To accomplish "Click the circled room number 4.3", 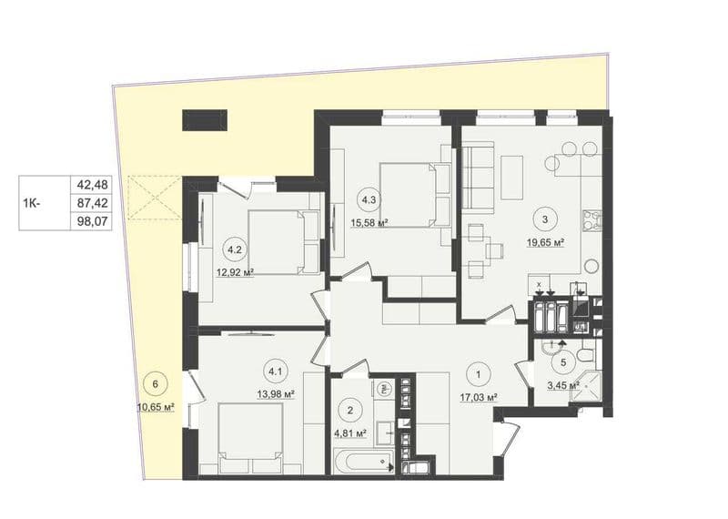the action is pyautogui.click(x=369, y=200).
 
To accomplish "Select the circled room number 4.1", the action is pyautogui.click(x=276, y=371).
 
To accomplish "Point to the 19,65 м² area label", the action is pyautogui.click(x=545, y=242).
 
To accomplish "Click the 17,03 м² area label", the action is pyautogui.click(x=480, y=397).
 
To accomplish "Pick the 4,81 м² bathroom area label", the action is pyautogui.click(x=350, y=434).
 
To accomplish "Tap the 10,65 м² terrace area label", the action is pyautogui.click(x=156, y=408).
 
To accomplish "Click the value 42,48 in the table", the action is pyautogui.click(x=93, y=185).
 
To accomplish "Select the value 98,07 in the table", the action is pyautogui.click(x=93, y=221).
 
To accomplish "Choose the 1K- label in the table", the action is pyautogui.click(x=32, y=203).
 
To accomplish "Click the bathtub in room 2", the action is pyautogui.click(x=363, y=462).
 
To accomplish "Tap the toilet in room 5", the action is pyautogui.click(x=583, y=357).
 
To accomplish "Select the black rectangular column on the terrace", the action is pyautogui.click(x=205, y=120).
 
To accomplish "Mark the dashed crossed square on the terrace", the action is pyautogui.click(x=155, y=197).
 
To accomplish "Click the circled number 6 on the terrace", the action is pyautogui.click(x=156, y=384).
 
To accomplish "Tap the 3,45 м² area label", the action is pyautogui.click(x=563, y=385).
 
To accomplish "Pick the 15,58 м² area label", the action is pyautogui.click(x=369, y=223).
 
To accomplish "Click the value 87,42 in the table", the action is pyautogui.click(x=93, y=203).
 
